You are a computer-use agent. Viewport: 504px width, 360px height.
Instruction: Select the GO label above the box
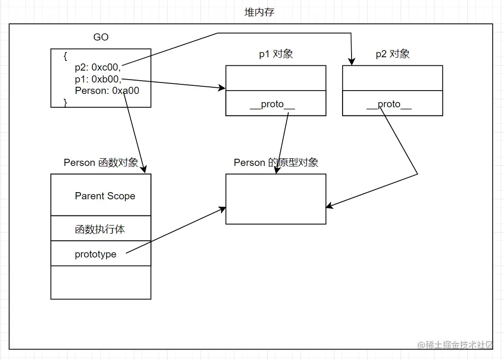101,37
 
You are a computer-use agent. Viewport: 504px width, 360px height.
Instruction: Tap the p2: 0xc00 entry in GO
98,67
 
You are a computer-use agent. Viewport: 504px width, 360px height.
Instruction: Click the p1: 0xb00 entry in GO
98,79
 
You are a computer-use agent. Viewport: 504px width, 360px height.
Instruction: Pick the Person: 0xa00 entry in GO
107,91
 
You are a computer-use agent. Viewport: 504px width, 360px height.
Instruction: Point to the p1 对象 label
276,54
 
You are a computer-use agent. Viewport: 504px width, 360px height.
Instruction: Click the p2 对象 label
393,54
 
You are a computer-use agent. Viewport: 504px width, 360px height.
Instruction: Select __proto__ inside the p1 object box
272,104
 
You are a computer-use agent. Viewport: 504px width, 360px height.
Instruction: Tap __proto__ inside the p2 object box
389,104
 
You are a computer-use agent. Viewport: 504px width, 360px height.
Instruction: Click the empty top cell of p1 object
275,78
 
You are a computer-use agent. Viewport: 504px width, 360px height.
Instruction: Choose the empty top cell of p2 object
392,78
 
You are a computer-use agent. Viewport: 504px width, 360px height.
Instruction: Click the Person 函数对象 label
101,163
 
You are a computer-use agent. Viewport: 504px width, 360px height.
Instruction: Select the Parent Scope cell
105,196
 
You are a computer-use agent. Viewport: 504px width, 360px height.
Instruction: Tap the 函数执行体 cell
100,229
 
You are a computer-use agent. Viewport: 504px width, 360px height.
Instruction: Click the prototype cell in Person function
95,254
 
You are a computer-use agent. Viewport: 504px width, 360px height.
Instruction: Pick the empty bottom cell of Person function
101,282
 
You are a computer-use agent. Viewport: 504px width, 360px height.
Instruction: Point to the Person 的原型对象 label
276,163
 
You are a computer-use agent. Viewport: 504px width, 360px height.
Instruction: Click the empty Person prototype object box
275,199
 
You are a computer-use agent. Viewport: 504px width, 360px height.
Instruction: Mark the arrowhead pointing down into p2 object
352,62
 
